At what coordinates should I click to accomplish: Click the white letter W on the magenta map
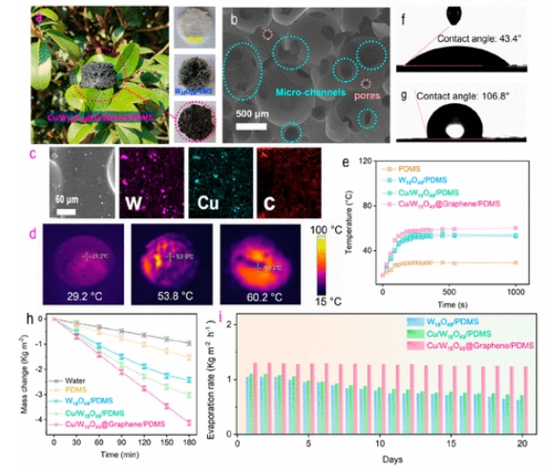click(133, 203)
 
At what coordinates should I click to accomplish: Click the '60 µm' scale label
click(67, 201)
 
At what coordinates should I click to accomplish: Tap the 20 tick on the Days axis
click(524, 441)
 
